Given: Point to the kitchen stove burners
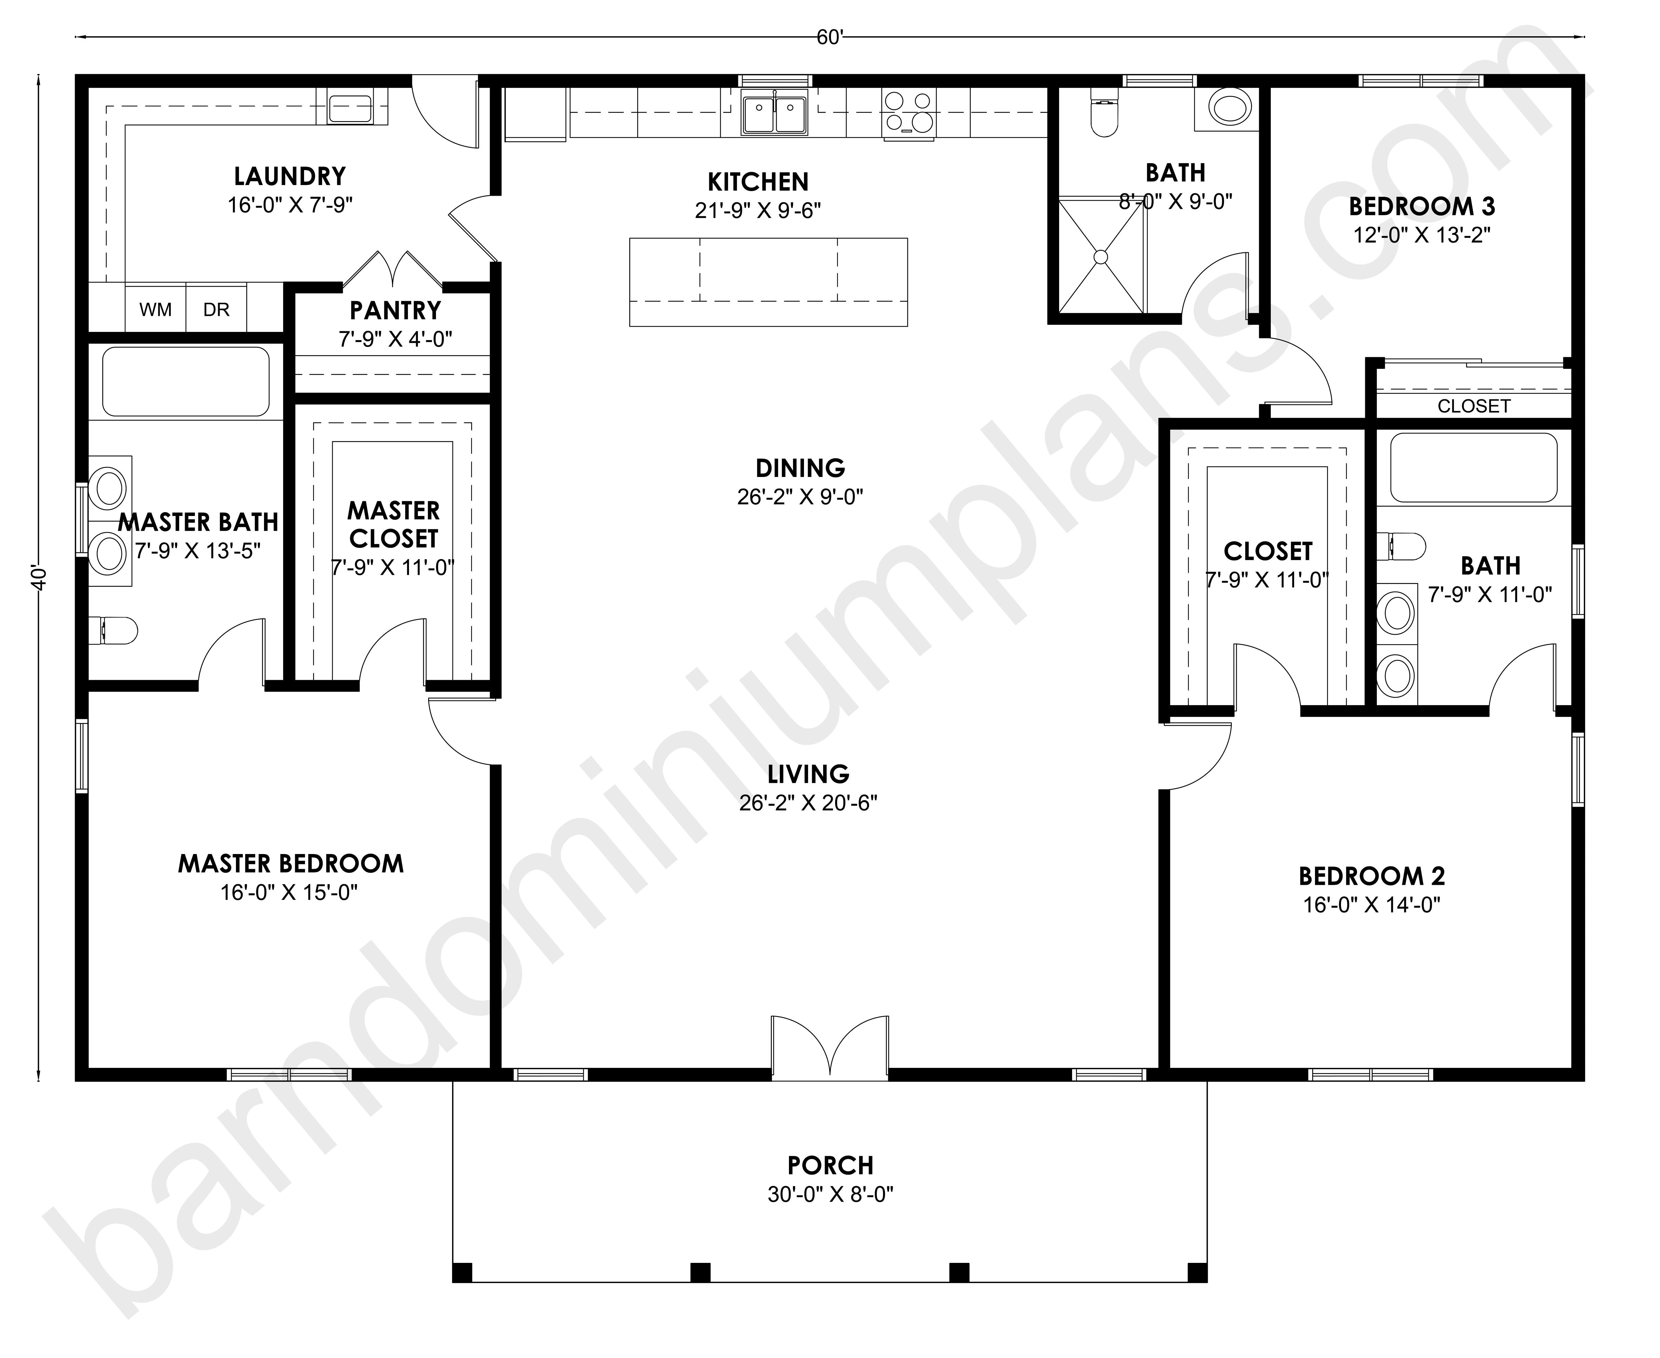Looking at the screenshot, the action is point(909,114).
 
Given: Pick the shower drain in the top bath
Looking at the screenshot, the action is point(1101,256).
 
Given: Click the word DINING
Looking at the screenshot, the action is point(800,468).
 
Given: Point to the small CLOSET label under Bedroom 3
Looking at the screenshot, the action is point(1474,406).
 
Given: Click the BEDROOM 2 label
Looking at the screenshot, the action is point(1371,876).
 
